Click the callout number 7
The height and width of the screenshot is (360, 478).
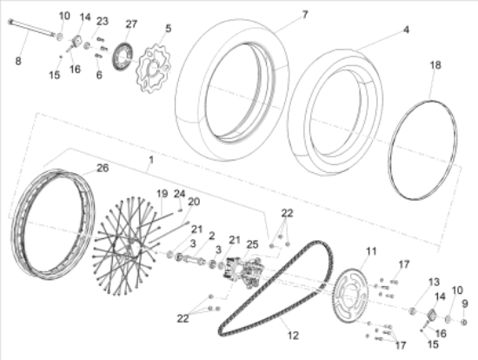click(305, 14)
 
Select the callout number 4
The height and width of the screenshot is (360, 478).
click(406, 30)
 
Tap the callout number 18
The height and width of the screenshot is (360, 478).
click(435, 65)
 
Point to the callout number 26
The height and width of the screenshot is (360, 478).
click(103, 168)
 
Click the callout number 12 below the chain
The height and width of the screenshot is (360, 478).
click(293, 336)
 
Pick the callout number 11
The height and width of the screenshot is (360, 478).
click(371, 251)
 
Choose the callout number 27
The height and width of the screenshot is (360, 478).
click(131, 23)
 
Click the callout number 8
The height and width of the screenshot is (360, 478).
click(18, 61)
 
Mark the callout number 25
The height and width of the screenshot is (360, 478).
click(252, 244)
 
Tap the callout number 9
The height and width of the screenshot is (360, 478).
click(465, 303)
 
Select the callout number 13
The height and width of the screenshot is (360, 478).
click(434, 283)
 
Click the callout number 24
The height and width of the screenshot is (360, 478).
click(180, 193)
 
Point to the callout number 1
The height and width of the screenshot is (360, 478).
click(151, 159)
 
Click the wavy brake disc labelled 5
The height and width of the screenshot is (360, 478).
click(156, 69)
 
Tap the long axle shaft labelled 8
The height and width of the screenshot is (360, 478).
click(32, 28)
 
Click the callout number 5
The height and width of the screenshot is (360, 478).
click(169, 28)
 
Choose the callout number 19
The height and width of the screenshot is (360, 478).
click(163, 193)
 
